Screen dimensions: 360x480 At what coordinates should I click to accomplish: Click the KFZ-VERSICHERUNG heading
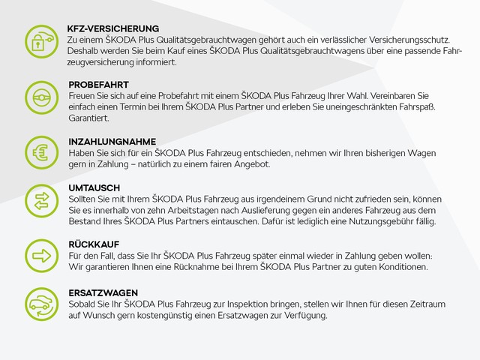tap(112, 28)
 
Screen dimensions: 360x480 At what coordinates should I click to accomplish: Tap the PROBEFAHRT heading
tap(98, 85)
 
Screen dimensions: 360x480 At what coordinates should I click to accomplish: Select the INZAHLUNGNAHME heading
tap(112, 142)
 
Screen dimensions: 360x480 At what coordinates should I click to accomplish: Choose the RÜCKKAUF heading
tap(94, 244)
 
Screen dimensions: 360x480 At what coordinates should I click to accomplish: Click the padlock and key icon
tap(40, 40)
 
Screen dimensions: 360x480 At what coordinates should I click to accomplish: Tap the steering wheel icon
tap(40, 97)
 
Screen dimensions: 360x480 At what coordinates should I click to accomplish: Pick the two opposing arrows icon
tap(40, 199)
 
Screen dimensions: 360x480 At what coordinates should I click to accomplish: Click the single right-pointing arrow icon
tap(40, 255)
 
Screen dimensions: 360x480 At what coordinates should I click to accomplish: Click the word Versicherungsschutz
tap(405, 39)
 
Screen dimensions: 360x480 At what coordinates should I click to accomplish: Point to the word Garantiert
tap(88, 118)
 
